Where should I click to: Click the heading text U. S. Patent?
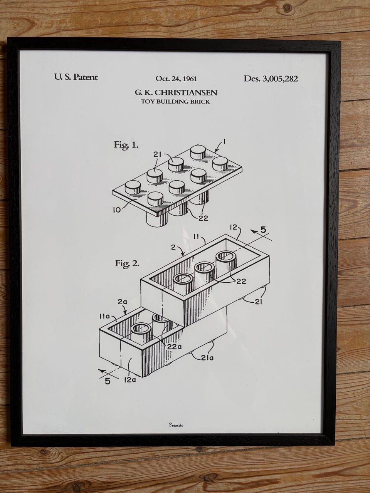pos(76,77)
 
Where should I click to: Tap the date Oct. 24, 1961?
pos(177,79)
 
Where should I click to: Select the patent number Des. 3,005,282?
pos(271,79)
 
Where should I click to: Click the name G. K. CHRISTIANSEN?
pos(176,92)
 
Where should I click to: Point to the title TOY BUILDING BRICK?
pos(175,102)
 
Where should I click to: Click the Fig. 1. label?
pos(126,145)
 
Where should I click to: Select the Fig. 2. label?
pos(127,263)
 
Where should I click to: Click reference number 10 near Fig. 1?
pos(117,210)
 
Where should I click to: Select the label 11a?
pos(104,317)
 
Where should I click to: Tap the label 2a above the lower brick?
pos(123,302)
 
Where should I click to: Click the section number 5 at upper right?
pos(263,230)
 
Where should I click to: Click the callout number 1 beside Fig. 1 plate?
pos(224,142)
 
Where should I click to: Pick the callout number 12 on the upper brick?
pos(233,227)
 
